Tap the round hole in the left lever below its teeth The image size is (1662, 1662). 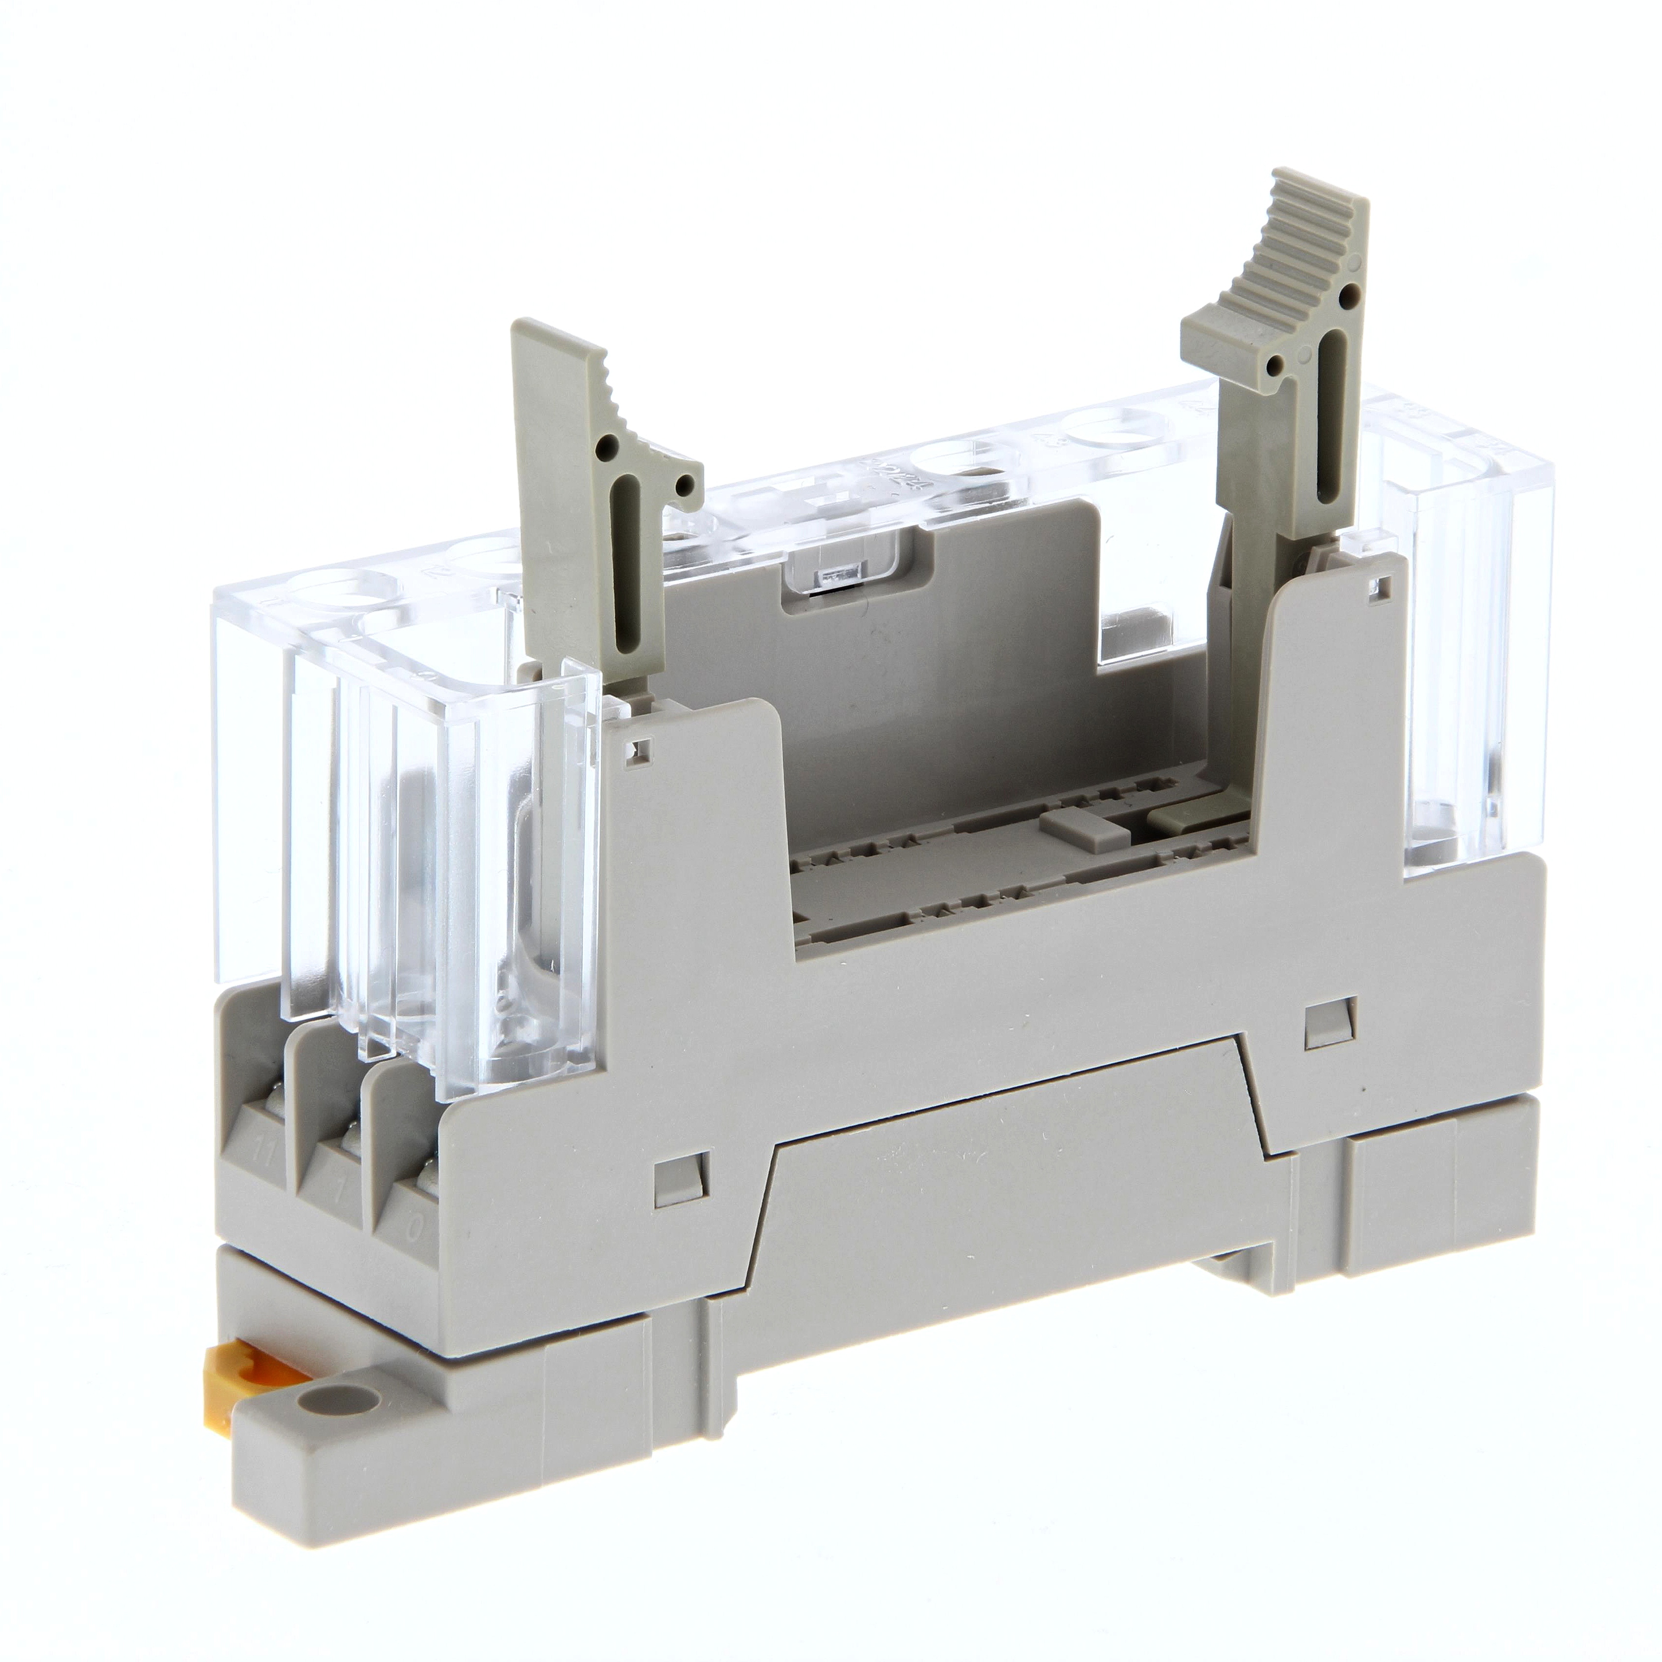609,446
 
